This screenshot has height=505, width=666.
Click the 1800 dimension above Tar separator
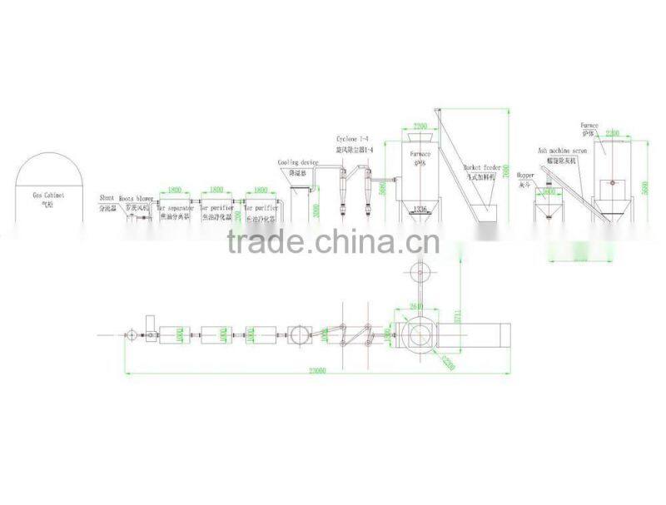[176, 191]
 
